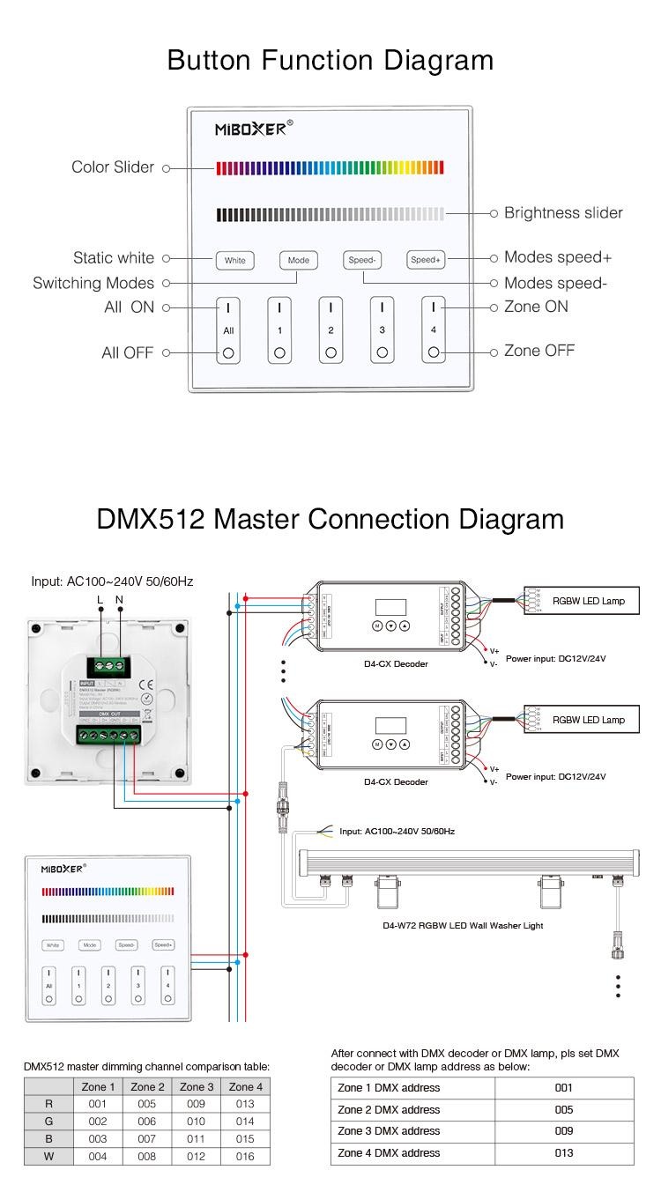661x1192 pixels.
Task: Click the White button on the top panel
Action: click(x=235, y=261)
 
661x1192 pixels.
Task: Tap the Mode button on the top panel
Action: click(x=299, y=261)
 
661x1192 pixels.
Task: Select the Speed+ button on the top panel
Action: click(x=426, y=260)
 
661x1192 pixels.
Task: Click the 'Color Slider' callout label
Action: click(x=113, y=167)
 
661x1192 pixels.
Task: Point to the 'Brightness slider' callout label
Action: click(x=563, y=213)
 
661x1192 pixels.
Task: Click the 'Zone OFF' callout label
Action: click(x=539, y=351)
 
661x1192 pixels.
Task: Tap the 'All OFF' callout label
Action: click(x=128, y=353)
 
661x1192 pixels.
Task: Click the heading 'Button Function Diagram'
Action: click(x=330, y=61)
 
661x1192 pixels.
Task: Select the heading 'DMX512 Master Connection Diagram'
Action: click(x=330, y=519)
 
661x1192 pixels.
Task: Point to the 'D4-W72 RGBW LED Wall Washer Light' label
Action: click(x=463, y=926)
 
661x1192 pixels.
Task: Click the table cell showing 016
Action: click(x=245, y=1157)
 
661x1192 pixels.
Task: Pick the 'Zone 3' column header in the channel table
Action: click(x=197, y=1086)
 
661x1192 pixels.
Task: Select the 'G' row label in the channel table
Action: click(x=48, y=1122)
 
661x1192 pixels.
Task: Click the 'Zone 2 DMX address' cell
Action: click(x=389, y=1110)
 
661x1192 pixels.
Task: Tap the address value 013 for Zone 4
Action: click(x=564, y=1153)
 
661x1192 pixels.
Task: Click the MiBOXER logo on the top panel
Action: click(x=250, y=129)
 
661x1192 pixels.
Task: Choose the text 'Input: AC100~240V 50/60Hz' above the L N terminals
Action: click(x=112, y=581)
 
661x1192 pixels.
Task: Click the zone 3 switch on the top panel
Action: click(x=382, y=329)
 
